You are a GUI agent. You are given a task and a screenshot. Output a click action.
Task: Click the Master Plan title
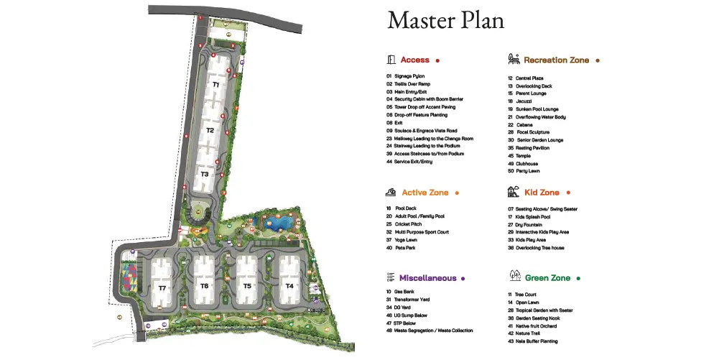pos(445,20)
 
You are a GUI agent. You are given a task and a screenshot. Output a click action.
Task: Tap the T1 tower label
pos(215,85)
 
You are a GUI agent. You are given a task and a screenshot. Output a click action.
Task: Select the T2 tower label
pos(210,130)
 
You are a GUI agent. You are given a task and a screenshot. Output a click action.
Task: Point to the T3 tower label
pos(205,174)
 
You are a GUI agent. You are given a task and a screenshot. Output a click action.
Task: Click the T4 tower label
pos(289,286)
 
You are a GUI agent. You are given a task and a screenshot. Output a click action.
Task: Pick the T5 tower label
pos(247,286)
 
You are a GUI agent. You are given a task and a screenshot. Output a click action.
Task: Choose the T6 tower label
pos(204,286)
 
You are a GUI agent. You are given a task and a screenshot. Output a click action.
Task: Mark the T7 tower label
pos(162,288)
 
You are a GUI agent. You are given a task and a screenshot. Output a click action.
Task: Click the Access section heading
pos(414,60)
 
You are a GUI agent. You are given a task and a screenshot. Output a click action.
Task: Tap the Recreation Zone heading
pos(556,60)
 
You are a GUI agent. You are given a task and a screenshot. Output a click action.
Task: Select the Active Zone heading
pos(425,193)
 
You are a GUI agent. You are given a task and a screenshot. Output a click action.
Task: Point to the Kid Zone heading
pos(542,193)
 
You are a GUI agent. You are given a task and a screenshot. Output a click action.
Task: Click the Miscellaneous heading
pos(427,277)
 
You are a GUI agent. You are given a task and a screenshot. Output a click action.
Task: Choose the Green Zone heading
pos(547,277)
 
